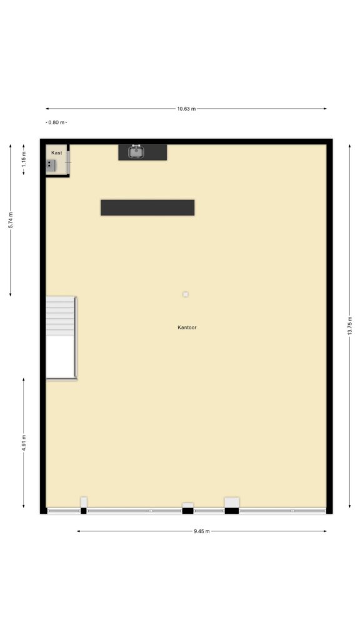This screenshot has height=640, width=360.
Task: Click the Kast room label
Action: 57,152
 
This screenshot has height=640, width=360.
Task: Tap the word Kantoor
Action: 187,327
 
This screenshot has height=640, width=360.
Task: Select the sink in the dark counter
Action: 136,152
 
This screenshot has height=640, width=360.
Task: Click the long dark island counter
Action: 147,207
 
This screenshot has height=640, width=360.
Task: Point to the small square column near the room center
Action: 186,294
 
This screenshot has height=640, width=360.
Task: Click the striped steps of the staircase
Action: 61,316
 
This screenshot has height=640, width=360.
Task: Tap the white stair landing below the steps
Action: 61,357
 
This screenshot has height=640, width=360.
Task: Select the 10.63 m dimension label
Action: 186,109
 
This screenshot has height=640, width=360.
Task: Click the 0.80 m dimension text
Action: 56,122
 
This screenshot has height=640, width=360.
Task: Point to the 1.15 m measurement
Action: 24,159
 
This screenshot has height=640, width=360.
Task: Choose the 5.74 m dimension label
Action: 11,220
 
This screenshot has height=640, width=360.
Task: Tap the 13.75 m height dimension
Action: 350,326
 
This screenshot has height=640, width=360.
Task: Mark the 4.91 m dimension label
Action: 24,443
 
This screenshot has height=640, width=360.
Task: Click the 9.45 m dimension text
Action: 202,531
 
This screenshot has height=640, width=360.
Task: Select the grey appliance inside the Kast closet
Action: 51,165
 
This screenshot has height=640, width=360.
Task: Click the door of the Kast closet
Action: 67,162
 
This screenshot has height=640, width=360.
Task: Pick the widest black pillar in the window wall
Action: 232,511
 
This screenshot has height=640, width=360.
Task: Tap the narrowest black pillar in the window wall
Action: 84,511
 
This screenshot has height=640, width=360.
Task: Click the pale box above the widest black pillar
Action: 232,502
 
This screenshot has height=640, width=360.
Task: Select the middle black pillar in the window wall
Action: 187,511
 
